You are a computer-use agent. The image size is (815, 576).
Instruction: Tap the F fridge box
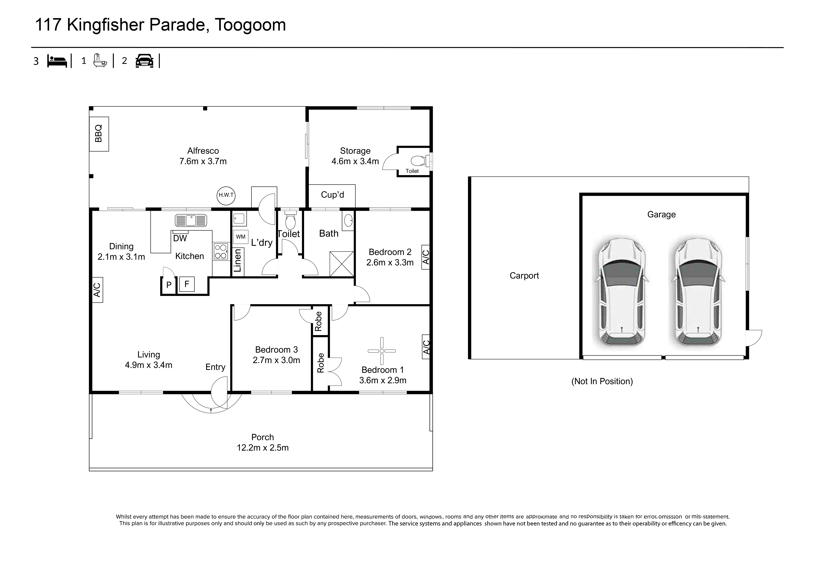[187, 284]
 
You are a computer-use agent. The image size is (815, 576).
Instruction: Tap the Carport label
[524, 276]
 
